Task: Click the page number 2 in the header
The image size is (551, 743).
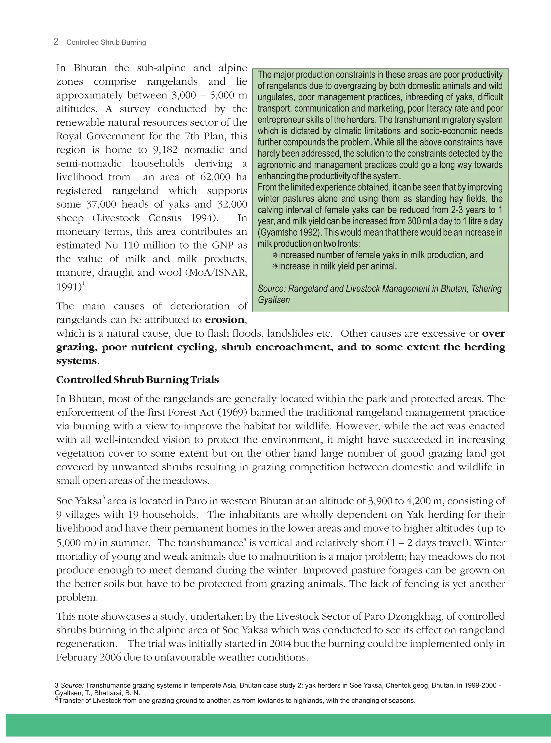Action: pyautogui.click(x=56, y=42)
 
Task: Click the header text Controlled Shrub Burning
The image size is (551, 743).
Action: pyautogui.click(x=106, y=42)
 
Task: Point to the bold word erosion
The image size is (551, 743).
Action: pyautogui.click(x=224, y=320)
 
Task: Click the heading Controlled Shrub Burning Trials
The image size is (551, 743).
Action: pyautogui.click(x=137, y=380)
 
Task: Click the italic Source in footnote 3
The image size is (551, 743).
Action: pyautogui.click(x=72, y=686)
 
